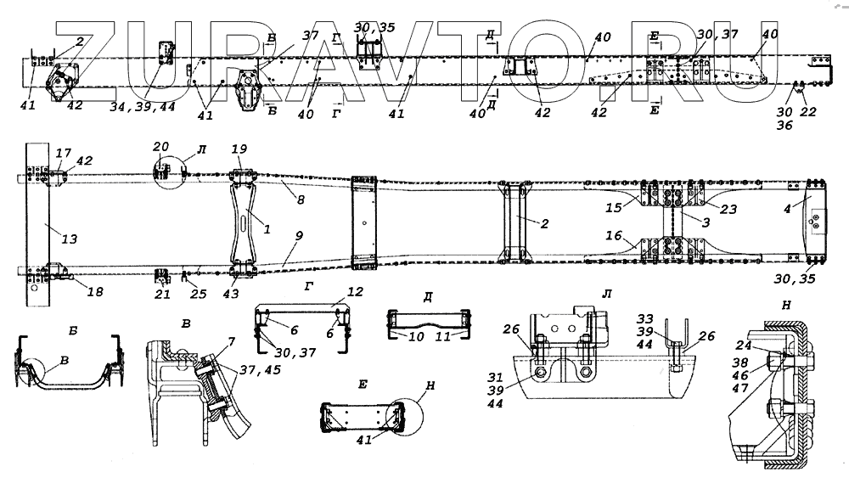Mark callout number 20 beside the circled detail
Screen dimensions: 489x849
(161, 145)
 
